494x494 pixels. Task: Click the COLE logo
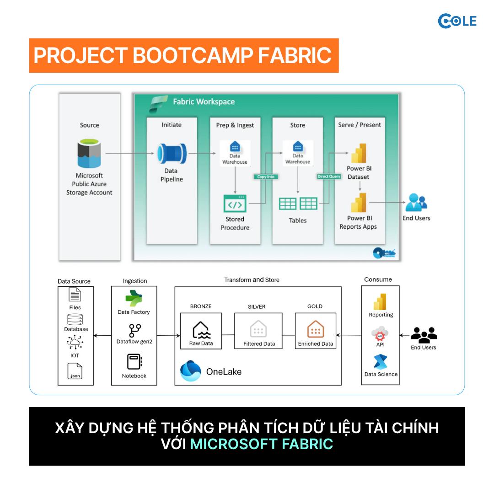(x=457, y=21)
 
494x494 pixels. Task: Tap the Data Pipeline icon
(x=172, y=153)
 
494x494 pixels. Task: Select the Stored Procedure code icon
(x=235, y=203)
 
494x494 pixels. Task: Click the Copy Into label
(x=266, y=177)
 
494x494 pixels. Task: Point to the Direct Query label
(x=329, y=177)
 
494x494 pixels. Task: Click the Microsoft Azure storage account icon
(x=89, y=153)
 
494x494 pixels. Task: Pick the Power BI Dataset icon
(x=359, y=153)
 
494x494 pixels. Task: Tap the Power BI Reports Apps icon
(x=359, y=203)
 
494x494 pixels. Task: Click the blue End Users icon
(x=416, y=202)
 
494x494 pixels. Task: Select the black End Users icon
(x=424, y=335)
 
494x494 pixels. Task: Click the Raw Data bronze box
(x=201, y=331)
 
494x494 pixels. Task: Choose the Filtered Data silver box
(x=258, y=331)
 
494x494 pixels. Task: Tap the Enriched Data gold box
(x=315, y=331)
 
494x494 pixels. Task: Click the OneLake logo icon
(x=191, y=371)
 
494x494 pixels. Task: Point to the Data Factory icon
(x=134, y=298)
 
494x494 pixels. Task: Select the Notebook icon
(x=134, y=361)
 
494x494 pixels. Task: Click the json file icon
(x=75, y=371)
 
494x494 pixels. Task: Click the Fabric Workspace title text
(x=204, y=102)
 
